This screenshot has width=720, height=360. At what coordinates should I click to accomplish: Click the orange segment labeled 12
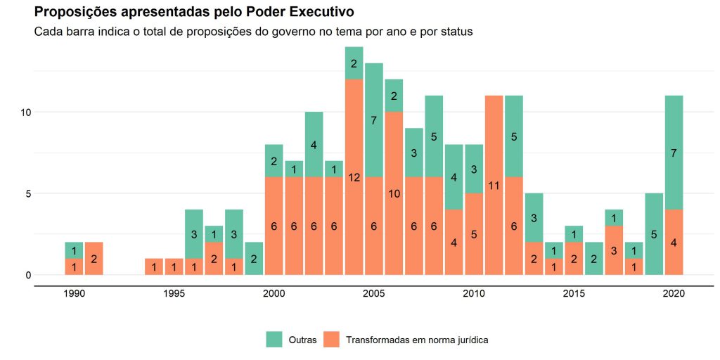pyautogui.click(x=354, y=176)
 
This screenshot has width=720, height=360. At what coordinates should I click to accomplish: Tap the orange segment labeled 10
pyautogui.click(x=394, y=193)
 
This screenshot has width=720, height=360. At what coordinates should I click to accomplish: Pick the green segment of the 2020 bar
pyautogui.click(x=674, y=153)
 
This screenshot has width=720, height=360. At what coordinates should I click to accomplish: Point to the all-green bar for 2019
pyautogui.click(x=654, y=233)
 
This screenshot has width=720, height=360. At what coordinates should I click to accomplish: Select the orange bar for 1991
pyautogui.click(x=94, y=258)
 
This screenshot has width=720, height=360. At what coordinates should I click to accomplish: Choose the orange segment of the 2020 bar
pyautogui.click(x=674, y=242)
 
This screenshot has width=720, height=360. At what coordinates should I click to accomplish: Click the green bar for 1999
pyautogui.click(x=254, y=258)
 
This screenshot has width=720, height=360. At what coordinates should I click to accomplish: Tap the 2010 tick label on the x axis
pyautogui.click(x=474, y=294)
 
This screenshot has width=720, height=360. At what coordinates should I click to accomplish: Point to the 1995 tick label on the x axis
pyautogui.click(x=174, y=294)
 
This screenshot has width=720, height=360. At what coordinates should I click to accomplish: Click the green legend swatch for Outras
pyautogui.click(x=274, y=340)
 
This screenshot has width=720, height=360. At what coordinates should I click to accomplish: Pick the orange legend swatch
pyautogui.click(x=331, y=340)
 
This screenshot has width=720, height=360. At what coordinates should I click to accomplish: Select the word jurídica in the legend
pyautogui.click(x=472, y=340)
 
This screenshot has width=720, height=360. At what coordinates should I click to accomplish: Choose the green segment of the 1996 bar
pyautogui.click(x=194, y=233)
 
